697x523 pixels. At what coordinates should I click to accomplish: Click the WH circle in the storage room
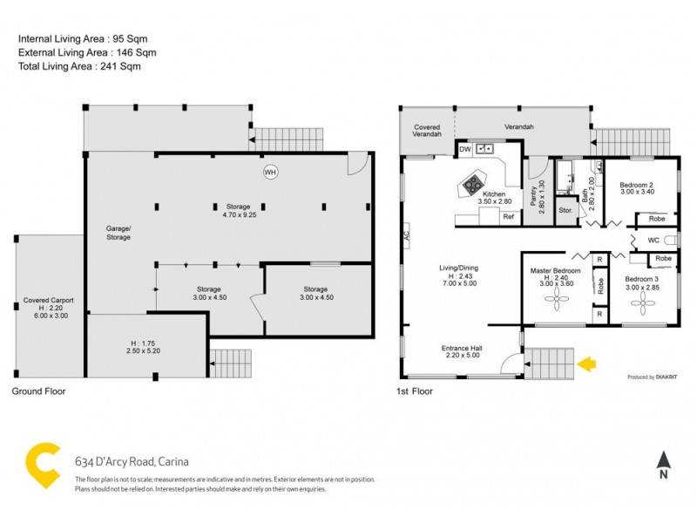point(271,172)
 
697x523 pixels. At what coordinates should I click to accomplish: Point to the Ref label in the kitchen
point(507,216)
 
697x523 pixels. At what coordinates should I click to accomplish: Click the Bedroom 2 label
point(637,185)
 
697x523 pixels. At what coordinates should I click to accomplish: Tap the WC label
point(653,240)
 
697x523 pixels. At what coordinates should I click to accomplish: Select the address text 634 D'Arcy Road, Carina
point(132,462)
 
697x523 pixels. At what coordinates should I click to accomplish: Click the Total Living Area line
point(79,66)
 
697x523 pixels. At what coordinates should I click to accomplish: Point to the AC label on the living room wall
point(406,235)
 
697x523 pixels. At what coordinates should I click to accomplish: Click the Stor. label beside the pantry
point(565,210)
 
